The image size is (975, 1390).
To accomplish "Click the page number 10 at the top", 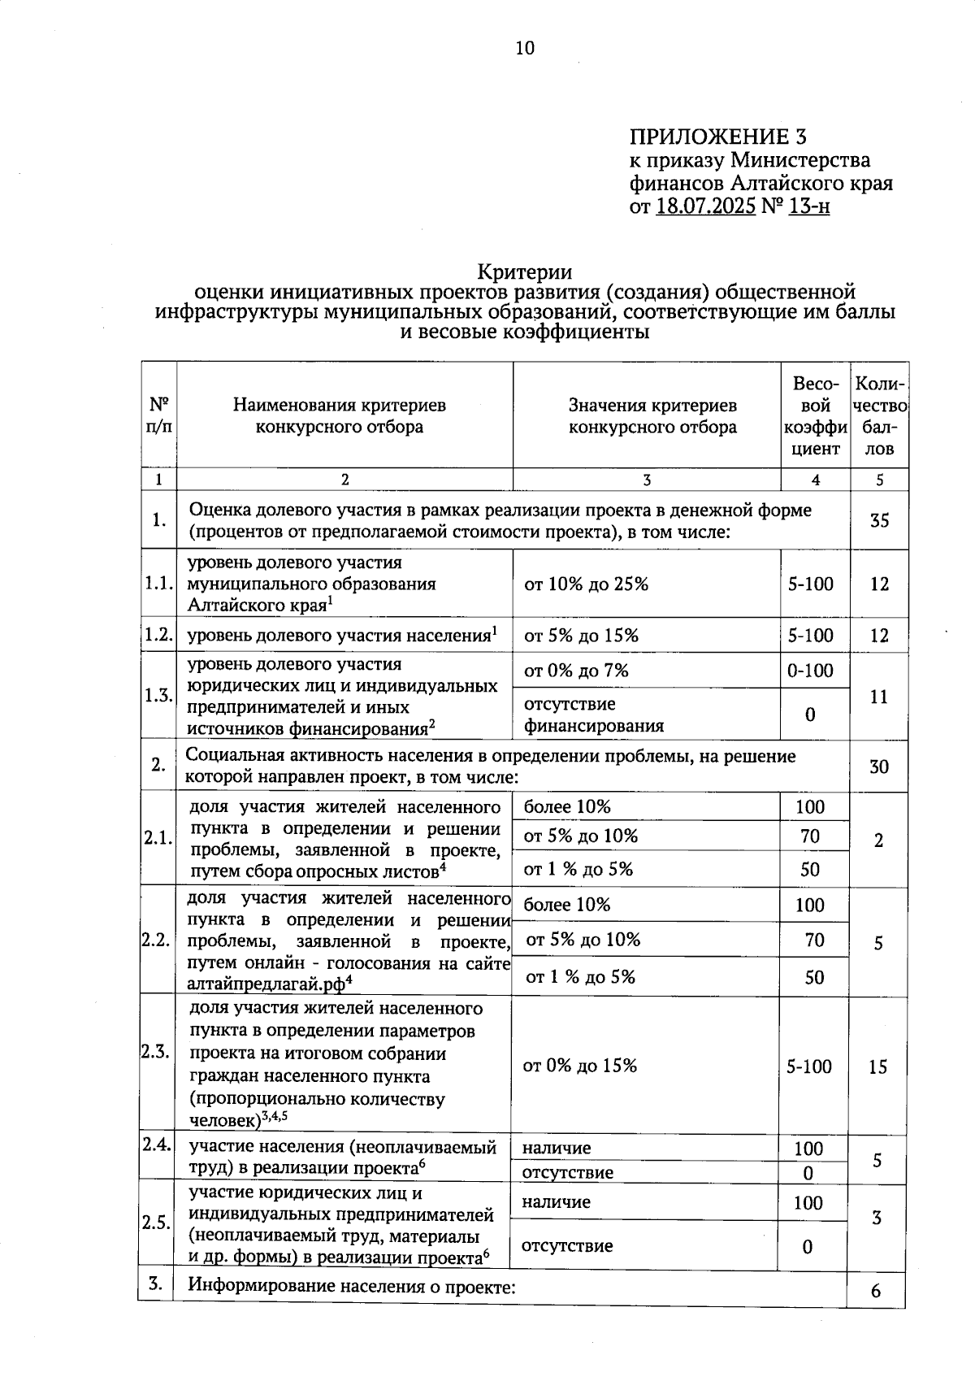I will (525, 49).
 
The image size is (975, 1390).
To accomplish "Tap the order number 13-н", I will (808, 206).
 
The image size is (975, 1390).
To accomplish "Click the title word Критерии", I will (525, 272).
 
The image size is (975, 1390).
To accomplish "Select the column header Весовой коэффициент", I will (815, 415).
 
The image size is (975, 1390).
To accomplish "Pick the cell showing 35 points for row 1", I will (879, 521).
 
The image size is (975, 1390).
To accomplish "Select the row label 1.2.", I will (158, 636).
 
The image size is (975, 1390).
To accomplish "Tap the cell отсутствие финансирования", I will (593, 715).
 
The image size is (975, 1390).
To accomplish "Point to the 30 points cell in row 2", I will (879, 767).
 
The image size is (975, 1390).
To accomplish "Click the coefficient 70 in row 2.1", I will (810, 836).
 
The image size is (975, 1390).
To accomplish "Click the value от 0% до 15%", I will (580, 1066).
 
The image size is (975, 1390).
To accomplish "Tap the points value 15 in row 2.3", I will (877, 1067).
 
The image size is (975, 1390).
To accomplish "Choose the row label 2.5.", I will (155, 1223).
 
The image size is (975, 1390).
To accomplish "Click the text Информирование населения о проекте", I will (353, 1287).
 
